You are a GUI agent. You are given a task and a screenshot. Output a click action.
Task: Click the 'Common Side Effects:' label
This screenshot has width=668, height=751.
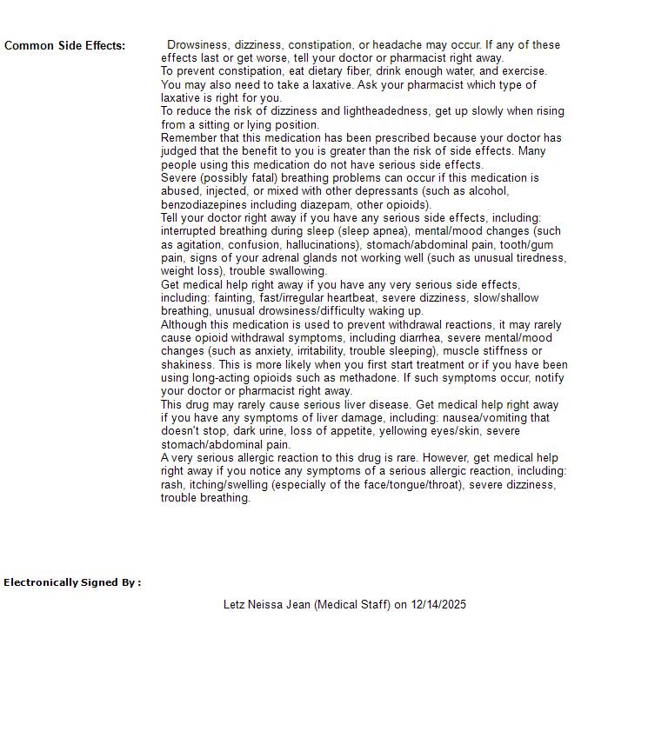tap(64, 46)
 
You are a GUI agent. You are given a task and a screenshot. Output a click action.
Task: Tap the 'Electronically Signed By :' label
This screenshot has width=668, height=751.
tap(72, 582)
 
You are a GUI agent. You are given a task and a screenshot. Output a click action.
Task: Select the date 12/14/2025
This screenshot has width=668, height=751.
tap(438, 605)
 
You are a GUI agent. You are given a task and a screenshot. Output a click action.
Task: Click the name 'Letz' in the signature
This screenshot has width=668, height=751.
tap(234, 605)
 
